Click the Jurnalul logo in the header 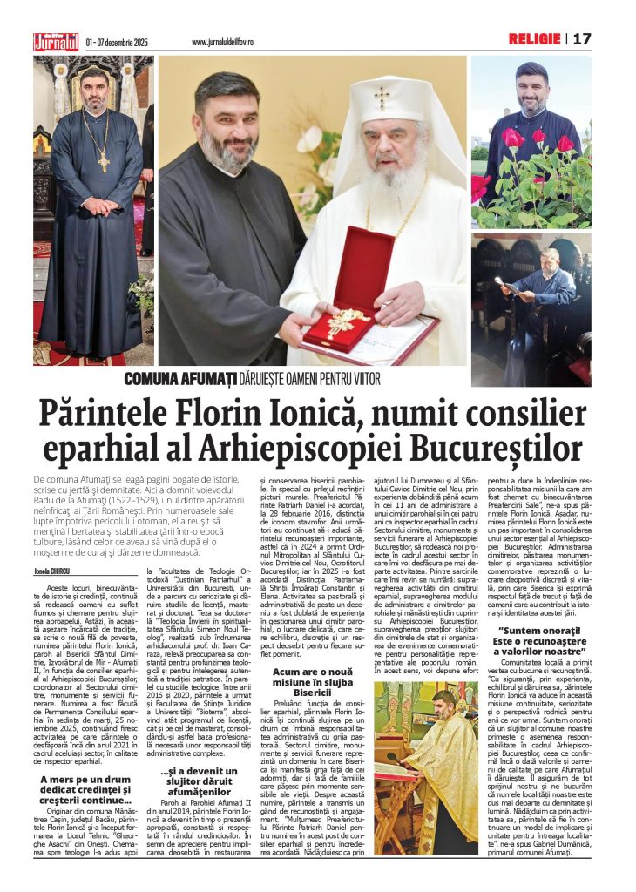point(57,41)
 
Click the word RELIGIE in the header point(535,39)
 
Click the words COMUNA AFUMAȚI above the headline point(179,378)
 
